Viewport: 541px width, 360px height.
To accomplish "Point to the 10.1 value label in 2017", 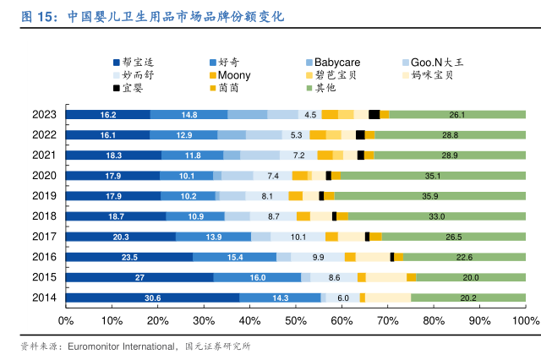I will click(x=298, y=237).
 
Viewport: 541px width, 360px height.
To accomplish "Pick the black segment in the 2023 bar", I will click(x=374, y=115).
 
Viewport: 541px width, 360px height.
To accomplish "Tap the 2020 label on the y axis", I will click(x=44, y=176).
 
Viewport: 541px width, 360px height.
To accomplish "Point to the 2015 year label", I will click(x=44, y=277).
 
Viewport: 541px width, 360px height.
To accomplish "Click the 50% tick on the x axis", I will click(x=296, y=321).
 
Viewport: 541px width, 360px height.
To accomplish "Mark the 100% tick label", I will click(x=525, y=321).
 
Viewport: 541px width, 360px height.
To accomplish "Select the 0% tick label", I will click(x=65, y=321).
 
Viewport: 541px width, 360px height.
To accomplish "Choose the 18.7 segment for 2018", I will click(x=116, y=216).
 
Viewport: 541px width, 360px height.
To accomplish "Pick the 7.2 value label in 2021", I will click(x=298, y=155).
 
